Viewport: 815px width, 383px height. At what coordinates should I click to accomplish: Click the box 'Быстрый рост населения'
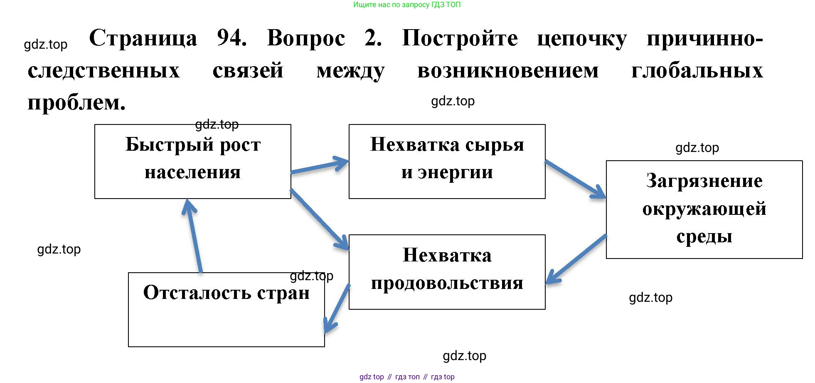192,161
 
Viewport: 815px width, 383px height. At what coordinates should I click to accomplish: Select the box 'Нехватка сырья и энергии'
447,161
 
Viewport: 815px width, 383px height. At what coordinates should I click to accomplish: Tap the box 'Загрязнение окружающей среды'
704,209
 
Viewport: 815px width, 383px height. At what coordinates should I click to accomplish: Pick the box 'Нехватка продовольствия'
447,271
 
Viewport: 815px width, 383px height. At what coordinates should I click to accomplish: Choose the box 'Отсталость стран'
226,309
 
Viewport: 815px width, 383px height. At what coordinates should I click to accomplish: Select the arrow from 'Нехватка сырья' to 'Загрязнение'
575,179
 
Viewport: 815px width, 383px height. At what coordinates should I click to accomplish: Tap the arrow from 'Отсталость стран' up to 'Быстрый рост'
195,236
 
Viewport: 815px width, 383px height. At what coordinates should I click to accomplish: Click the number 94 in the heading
231,38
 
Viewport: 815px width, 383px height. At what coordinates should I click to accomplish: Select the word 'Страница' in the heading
143,38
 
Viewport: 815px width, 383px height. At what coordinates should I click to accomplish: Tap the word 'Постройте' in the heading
460,38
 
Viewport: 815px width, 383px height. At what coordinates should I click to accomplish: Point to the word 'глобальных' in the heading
697,70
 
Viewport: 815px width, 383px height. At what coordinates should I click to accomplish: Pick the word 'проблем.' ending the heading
76,102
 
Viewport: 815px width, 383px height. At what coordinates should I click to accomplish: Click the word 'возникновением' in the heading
507,70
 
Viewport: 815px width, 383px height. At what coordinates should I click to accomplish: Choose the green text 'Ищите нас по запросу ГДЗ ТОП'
407,5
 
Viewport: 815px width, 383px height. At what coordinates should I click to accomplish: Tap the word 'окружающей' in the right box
704,209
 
